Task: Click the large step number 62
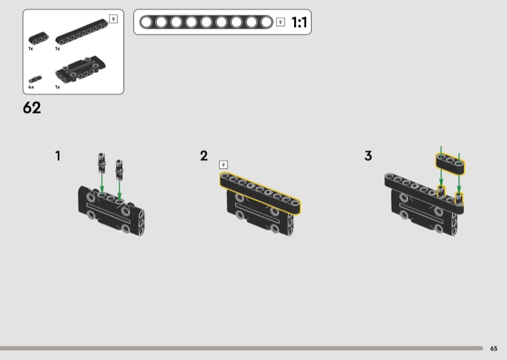[32, 108]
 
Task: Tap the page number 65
[494, 349]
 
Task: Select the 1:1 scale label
[299, 22]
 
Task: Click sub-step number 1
[58, 156]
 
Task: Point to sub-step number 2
[203, 156]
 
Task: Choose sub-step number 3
[368, 155]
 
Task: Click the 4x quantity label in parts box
[31, 87]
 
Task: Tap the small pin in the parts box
[35, 79]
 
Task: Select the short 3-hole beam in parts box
[39, 38]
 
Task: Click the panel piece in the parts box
[80, 68]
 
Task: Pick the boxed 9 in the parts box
[113, 19]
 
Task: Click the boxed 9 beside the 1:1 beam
[280, 22]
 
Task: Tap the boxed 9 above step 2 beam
[223, 165]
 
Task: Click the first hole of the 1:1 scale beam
[146, 22]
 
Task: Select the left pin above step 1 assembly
[101, 163]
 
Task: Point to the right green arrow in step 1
[119, 191]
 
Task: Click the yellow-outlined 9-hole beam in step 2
[260, 193]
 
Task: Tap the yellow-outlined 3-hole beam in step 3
[451, 164]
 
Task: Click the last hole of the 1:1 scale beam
[266, 22]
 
